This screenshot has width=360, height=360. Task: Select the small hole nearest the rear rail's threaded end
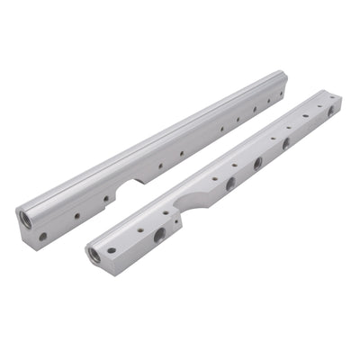42,237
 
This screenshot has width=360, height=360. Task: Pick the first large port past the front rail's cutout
230,183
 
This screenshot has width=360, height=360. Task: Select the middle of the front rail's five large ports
257,164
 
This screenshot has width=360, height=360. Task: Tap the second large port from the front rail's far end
286,143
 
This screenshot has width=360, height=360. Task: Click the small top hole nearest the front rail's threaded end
112,250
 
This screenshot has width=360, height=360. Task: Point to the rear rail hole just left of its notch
105,199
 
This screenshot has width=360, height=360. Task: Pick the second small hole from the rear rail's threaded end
76,216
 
